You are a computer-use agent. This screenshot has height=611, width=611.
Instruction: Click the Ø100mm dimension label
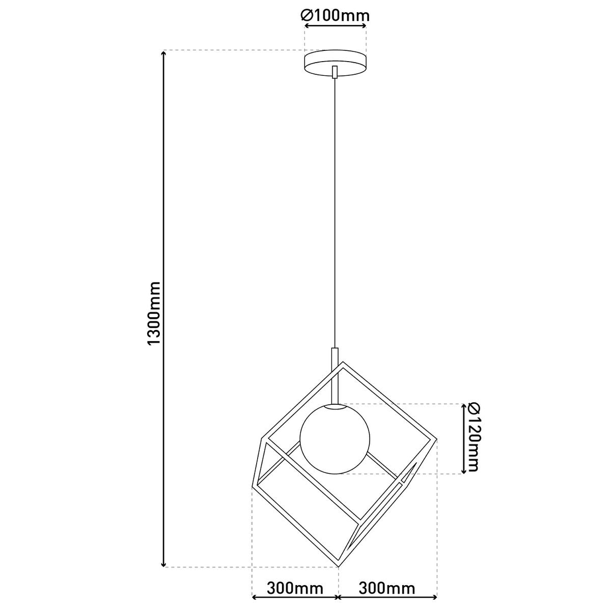click(335, 16)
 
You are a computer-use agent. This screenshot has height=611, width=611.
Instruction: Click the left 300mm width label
click(295, 589)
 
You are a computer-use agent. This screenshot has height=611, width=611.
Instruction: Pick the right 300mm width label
click(387, 589)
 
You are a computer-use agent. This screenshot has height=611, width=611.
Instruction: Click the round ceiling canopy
click(335, 64)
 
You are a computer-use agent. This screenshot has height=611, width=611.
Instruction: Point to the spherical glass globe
click(335, 438)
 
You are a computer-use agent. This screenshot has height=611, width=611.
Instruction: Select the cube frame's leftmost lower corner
click(253, 489)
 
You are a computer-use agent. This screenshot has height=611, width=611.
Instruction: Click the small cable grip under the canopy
click(335, 72)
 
